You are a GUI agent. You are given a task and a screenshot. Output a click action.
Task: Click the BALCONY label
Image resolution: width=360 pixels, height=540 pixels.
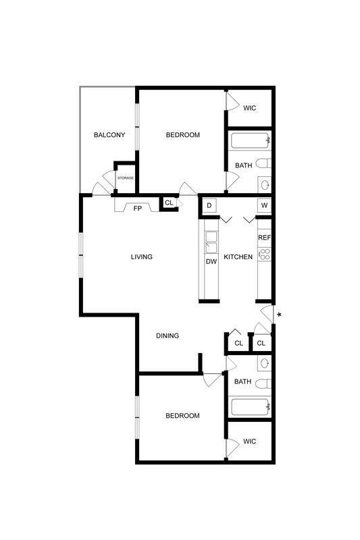coord(109,135)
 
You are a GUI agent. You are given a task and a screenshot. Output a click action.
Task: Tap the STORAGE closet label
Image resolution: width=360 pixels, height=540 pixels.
coord(126,178)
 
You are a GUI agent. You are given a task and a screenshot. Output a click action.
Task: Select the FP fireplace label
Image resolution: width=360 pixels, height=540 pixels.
coord(137,208)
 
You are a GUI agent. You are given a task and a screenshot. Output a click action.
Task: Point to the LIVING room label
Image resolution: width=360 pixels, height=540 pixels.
coord(141,256)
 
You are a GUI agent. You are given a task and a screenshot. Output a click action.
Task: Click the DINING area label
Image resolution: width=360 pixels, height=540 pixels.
coord(168,335)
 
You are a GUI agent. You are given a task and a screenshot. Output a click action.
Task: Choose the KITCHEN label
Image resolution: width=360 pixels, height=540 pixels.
coord(238,256)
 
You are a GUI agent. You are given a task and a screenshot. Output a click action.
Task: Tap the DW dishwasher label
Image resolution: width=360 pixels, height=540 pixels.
coord(211,261)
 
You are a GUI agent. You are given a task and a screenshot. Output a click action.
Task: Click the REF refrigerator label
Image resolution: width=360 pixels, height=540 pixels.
coord(264,238)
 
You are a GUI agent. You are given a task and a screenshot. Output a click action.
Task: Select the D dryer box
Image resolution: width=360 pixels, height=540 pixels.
coord(209,205)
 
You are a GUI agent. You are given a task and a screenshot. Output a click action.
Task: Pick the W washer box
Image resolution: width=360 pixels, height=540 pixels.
coord(264,205)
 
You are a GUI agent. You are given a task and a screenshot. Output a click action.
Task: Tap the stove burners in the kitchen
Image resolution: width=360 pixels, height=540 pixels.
coord(264,254)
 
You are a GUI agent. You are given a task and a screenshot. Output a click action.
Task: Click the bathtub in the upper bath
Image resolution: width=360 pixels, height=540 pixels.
coord(251,142)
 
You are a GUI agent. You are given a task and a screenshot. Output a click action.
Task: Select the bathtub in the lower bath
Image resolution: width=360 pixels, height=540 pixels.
coord(251,407)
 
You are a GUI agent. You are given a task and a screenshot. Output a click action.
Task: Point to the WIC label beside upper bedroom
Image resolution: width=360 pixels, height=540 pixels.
coord(250,108)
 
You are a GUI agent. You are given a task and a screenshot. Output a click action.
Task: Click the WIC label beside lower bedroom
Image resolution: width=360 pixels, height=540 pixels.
coord(250,441)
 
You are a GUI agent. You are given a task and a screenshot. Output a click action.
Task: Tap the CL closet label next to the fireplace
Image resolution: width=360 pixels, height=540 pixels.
coord(169,202)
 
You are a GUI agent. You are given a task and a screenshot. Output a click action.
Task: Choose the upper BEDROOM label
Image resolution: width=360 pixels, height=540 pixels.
coord(183,135)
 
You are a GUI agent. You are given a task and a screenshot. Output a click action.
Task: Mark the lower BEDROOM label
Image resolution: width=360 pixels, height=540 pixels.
coord(182,416)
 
